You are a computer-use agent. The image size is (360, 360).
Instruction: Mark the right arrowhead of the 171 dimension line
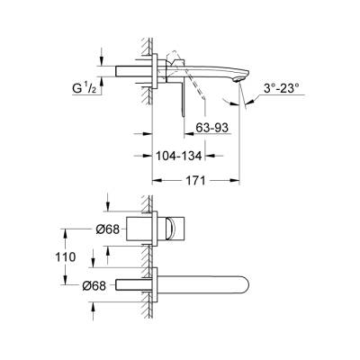pos(239,180)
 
